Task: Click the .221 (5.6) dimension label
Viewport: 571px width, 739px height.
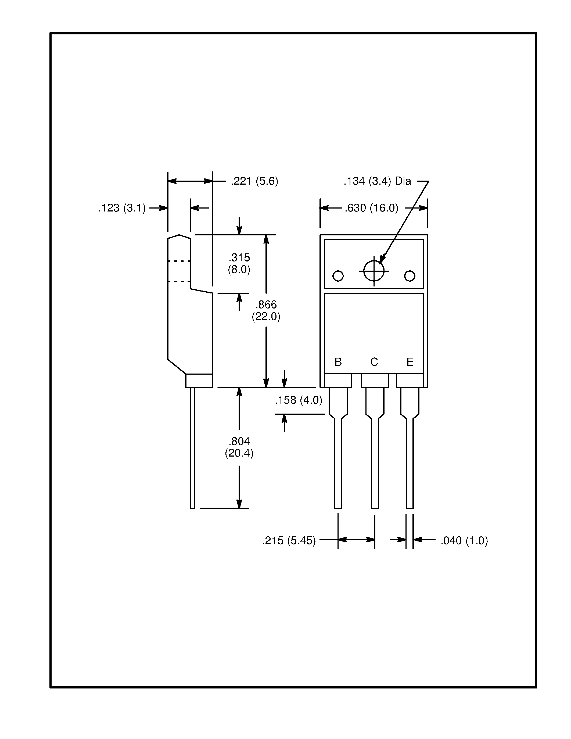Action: (254, 181)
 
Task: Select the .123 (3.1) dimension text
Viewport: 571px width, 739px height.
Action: (122, 208)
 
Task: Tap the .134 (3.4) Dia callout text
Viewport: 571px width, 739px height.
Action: (377, 181)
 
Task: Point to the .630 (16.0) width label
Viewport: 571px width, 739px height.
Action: (371, 208)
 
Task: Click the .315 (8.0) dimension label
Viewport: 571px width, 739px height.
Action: (239, 264)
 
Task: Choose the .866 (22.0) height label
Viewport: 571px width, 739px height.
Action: (266, 311)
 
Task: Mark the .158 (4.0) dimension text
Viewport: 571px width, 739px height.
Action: (298, 400)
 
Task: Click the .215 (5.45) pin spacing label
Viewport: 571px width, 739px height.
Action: (289, 541)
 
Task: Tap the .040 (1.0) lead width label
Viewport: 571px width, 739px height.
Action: (464, 541)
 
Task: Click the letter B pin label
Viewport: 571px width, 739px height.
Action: (338, 362)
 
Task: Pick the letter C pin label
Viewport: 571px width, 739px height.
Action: (374, 362)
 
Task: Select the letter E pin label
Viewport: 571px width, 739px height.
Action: (410, 362)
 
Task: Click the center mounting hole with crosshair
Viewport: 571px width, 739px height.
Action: (374, 271)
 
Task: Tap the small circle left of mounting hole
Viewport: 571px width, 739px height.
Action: (338, 276)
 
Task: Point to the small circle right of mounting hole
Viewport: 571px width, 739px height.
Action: (410, 276)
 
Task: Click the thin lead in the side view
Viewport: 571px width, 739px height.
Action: (192, 450)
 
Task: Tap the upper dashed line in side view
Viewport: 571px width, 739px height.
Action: (179, 261)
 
